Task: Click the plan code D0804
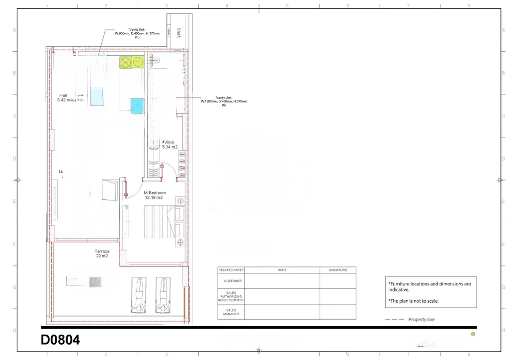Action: (x=60, y=340)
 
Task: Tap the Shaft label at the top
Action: (x=178, y=33)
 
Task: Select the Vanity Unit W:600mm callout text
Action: (x=137, y=33)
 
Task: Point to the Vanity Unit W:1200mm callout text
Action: (x=224, y=101)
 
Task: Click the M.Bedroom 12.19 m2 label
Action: (x=155, y=195)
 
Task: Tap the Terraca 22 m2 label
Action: (x=102, y=254)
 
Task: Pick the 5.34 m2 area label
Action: (x=170, y=147)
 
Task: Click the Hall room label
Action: (x=63, y=95)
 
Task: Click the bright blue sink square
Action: (x=137, y=105)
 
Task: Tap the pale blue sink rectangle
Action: (x=97, y=95)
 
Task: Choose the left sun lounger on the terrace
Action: (x=140, y=294)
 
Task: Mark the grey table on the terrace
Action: (x=95, y=282)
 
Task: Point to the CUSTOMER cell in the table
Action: (x=231, y=281)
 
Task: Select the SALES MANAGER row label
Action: (x=231, y=312)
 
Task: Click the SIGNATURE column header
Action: (x=338, y=270)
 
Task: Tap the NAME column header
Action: (x=282, y=270)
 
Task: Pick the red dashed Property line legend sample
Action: (x=394, y=320)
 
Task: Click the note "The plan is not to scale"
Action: (x=413, y=301)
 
